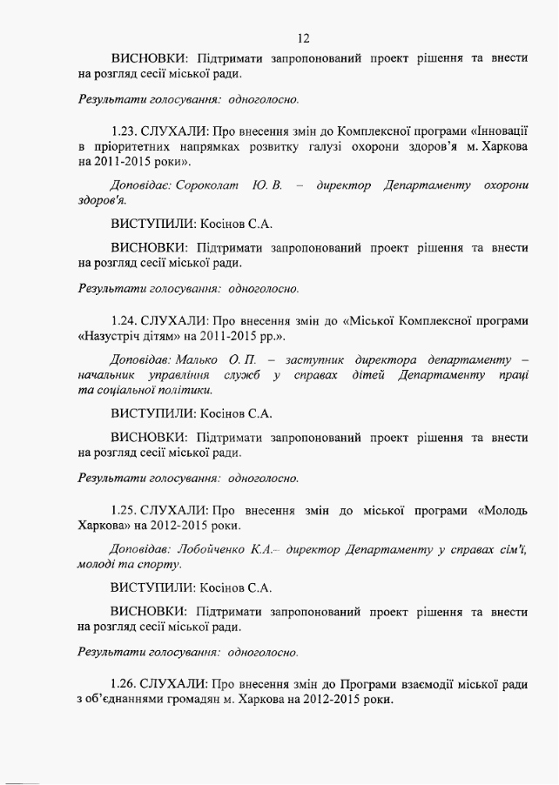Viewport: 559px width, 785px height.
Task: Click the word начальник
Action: point(108,375)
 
